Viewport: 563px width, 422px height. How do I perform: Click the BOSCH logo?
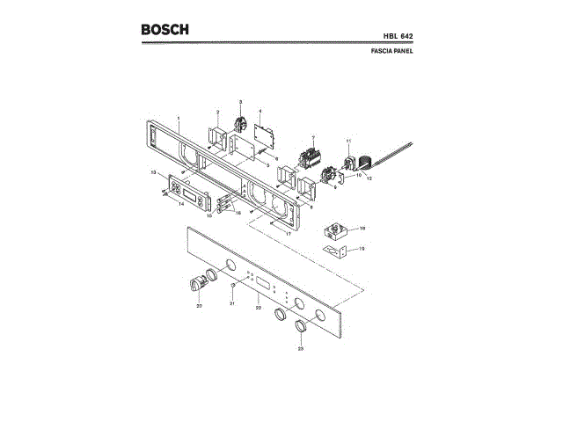(x=165, y=30)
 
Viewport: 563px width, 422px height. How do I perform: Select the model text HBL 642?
(x=396, y=36)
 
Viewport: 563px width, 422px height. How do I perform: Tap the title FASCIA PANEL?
(x=392, y=51)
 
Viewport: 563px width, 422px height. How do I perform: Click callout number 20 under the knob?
(x=199, y=305)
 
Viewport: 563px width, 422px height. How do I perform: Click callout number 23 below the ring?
(x=300, y=349)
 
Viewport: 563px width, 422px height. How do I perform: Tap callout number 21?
(x=232, y=302)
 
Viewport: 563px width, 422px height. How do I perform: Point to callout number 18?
(x=362, y=228)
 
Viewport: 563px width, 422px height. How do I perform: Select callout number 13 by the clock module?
(x=152, y=171)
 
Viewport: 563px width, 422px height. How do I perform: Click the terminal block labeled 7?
(x=310, y=159)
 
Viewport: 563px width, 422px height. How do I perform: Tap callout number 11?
(x=348, y=142)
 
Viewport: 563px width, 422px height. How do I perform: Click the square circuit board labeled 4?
(x=262, y=135)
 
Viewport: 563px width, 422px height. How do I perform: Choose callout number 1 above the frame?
(x=179, y=118)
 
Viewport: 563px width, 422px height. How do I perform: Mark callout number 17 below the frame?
(x=287, y=235)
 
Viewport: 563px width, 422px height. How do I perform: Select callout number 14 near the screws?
(x=180, y=205)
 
